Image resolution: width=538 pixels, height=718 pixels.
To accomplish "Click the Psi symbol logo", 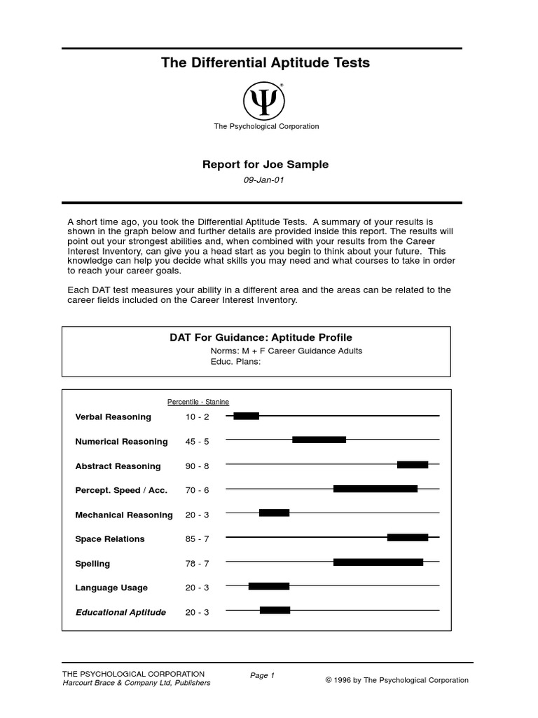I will [264, 101].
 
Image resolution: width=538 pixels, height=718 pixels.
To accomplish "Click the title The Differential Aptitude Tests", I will [265, 63].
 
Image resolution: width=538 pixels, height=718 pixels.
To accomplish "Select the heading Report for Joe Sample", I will [265, 165].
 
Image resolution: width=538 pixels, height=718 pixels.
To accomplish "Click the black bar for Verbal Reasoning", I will [246, 416].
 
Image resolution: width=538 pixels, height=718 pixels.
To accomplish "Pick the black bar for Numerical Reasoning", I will [319, 440].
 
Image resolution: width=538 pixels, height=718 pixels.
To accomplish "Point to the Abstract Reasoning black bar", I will [412, 464].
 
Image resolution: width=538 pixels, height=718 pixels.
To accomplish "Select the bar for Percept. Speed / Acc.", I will [375, 489].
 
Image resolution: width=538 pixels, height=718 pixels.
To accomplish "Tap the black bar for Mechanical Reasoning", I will [274, 513].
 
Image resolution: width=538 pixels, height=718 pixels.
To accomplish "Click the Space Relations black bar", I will [407, 537].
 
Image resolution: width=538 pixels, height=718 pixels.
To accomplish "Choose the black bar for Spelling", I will [378, 562].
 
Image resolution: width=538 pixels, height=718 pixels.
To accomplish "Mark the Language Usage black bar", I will [268, 585].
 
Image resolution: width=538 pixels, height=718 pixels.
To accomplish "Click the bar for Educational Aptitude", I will [275, 610].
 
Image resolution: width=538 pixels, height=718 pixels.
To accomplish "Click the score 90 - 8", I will [197, 466].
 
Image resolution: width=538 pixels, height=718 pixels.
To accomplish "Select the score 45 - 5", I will [197, 442].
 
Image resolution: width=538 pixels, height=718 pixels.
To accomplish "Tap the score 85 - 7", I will [197, 539].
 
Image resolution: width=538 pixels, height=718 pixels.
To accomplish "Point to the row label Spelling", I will [92, 564].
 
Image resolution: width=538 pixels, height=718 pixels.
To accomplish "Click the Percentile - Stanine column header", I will [198, 402].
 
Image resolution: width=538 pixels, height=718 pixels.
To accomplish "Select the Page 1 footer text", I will [263, 675].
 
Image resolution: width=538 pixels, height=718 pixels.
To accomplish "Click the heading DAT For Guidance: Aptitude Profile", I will [261, 337].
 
